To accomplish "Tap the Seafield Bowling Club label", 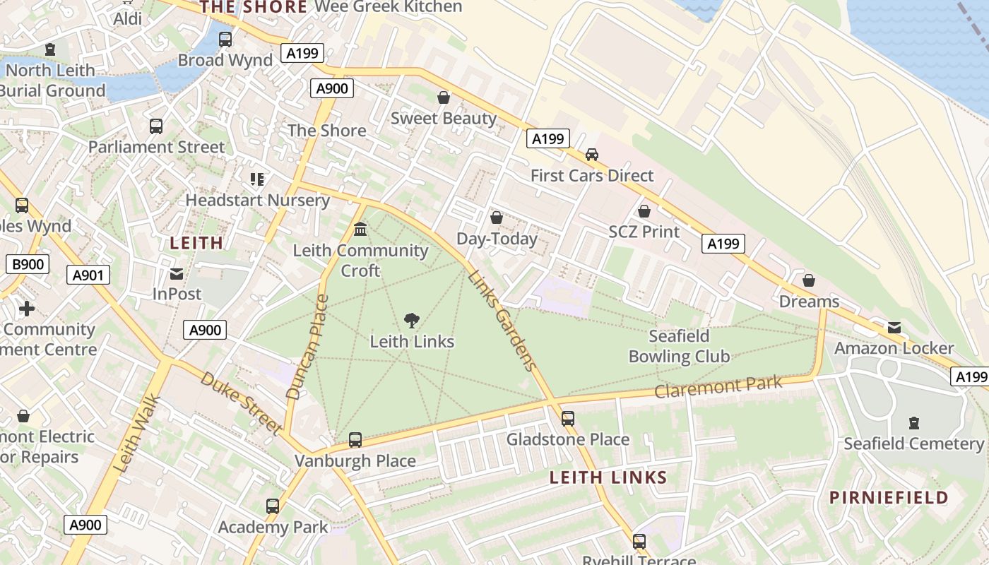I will point(679,346).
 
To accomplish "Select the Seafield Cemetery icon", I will point(914,423).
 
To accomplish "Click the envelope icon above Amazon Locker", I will point(894,328).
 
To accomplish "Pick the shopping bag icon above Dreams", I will point(809,281).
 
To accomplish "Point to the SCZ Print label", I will point(644,232).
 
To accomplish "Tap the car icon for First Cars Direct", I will point(592,155).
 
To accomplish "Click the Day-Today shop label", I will point(497,239).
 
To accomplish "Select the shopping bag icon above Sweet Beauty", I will point(444,97).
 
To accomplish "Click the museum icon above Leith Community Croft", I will point(360,230).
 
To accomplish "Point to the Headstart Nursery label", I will point(257,200).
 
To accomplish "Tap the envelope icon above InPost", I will point(177,273).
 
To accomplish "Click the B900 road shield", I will point(28,265).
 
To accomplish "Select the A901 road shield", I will point(88,275).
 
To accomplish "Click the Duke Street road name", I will point(242,403).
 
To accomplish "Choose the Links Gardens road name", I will point(500,319).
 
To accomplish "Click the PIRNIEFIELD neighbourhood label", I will point(889,497).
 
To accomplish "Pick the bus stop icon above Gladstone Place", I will point(568,419).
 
